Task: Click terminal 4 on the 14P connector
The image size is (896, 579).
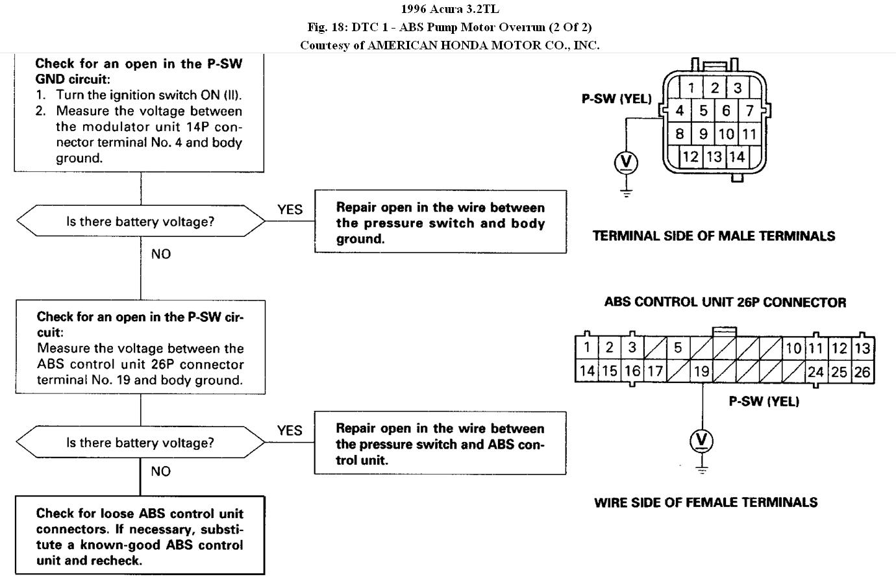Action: point(680,110)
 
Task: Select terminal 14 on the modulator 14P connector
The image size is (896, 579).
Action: point(736,156)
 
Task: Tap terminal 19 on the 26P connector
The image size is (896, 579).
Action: point(701,372)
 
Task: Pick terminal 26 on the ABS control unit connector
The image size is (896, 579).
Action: point(862,372)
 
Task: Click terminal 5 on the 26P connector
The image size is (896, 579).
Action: point(678,347)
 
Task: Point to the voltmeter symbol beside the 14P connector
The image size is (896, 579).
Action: point(626,162)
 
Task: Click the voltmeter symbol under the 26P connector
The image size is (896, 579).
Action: point(701,441)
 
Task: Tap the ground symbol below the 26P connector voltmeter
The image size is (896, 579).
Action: point(701,469)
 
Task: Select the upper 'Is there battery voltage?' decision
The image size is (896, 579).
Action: point(140,221)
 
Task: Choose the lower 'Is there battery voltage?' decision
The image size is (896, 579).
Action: point(140,443)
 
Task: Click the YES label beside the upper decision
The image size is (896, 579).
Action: point(290,209)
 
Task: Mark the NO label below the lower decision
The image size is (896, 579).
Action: point(161,471)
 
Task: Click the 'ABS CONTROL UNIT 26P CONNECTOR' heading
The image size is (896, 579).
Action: point(725,302)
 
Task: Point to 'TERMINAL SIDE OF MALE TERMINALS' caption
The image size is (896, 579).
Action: point(714,236)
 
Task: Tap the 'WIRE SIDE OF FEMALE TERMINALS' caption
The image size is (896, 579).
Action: point(706,502)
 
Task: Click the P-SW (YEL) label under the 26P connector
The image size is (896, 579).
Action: point(764,401)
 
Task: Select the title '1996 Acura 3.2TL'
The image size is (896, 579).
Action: point(449,9)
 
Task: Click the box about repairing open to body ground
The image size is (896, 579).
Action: point(440,222)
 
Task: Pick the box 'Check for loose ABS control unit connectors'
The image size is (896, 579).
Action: point(140,536)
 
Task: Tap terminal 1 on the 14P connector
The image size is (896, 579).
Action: point(691,88)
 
